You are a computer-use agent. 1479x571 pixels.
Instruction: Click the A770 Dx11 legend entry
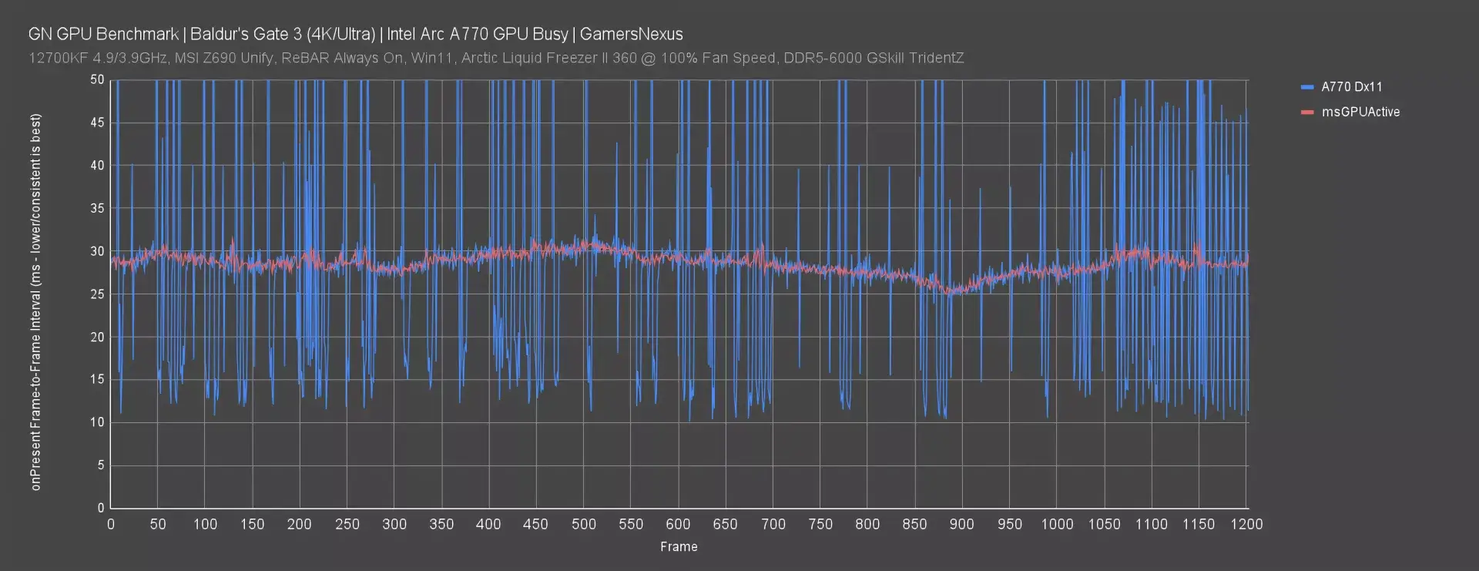pos(1351,87)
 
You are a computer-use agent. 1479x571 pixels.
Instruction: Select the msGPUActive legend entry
pos(1360,112)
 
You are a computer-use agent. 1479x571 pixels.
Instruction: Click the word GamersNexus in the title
pos(631,34)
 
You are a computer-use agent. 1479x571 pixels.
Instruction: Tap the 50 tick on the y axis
pos(97,79)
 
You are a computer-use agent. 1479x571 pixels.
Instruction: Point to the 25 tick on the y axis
pos(97,294)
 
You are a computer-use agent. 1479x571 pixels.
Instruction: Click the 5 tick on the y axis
pos(100,465)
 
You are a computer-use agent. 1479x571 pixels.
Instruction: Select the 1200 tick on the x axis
pos(1246,524)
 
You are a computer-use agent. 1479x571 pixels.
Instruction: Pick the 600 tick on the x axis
pos(678,524)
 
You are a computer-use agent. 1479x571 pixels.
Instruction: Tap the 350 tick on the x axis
pos(441,524)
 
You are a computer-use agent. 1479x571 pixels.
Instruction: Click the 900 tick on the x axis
pos(961,524)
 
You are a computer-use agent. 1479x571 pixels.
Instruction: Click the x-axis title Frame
pos(679,546)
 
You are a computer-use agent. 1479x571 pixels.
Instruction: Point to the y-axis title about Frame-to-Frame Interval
pos(36,302)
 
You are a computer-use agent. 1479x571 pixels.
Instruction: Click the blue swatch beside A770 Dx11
pos(1306,87)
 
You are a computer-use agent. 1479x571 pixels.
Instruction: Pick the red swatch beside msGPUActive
pos(1306,112)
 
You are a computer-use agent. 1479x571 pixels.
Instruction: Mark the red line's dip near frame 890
pos(953,291)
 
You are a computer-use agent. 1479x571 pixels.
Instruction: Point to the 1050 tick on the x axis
pos(1104,524)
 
